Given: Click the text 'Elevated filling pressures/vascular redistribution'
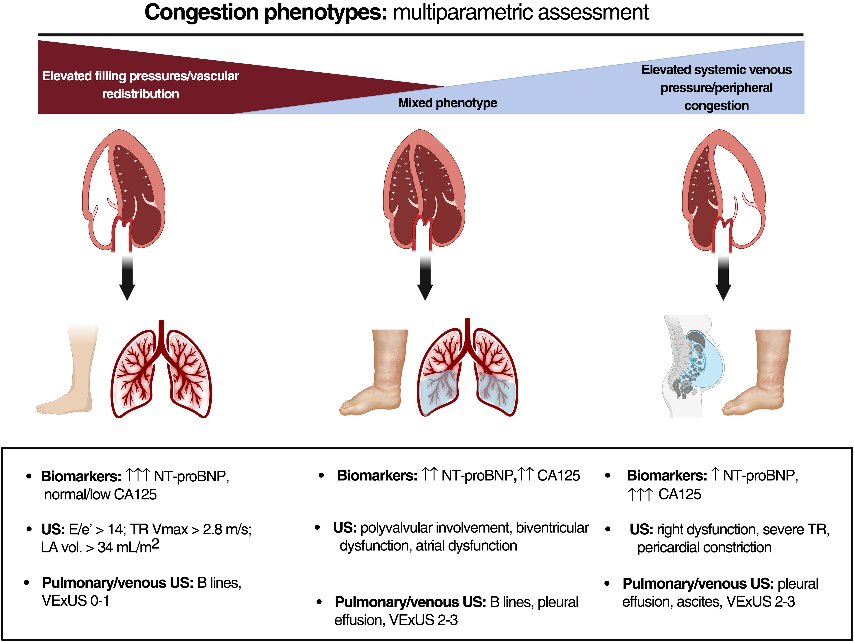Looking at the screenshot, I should point(141,85).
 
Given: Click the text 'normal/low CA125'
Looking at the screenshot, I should point(100,494).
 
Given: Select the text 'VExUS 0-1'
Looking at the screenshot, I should point(75,601).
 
